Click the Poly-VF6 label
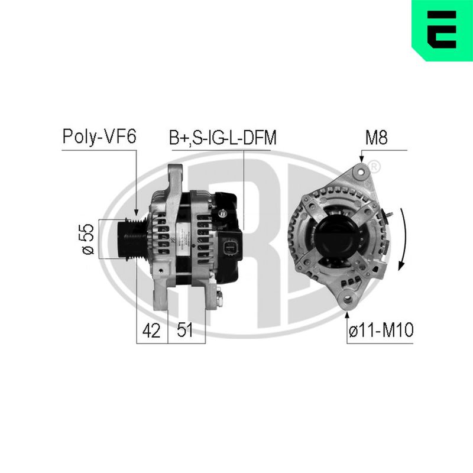click(x=99, y=137)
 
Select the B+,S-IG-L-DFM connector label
click(x=223, y=138)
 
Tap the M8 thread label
click(x=377, y=137)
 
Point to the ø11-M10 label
click(x=381, y=330)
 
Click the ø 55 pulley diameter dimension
click(x=88, y=239)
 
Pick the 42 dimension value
click(x=151, y=331)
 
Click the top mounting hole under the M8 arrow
click(x=361, y=171)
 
